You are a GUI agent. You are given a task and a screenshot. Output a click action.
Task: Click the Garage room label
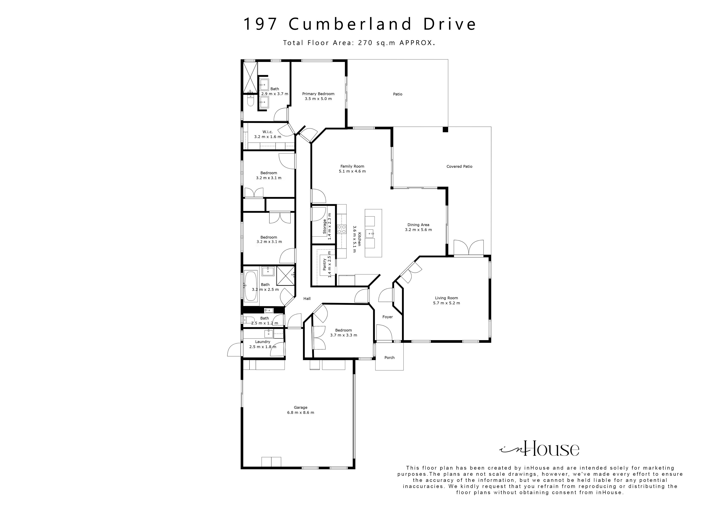(x=300, y=407)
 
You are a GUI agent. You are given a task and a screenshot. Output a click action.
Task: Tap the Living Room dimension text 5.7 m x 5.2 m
(x=446, y=303)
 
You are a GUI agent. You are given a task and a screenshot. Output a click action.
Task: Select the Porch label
(x=389, y=358)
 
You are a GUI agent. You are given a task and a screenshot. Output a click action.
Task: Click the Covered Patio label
(x=459, y=166)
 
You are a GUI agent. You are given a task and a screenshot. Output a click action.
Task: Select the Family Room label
(x=352, y=166)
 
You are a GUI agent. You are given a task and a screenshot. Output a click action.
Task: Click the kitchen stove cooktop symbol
(x=341, y=229)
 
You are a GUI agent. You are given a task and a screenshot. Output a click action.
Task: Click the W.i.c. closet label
(x=267, y=132)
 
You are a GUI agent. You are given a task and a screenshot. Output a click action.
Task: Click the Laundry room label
(x=262, y=342)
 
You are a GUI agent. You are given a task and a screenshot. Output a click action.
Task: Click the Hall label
(x=307, y=299)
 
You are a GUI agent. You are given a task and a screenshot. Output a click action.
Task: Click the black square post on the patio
(x=445, y=129)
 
